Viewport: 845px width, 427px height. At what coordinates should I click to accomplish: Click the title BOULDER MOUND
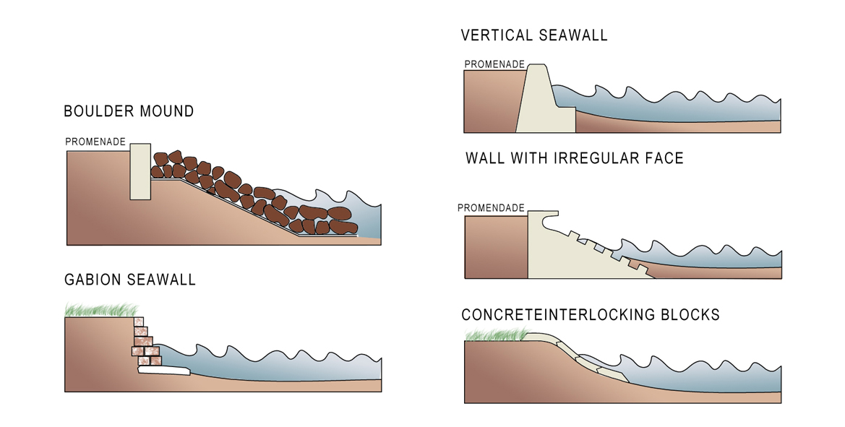pos(129,111)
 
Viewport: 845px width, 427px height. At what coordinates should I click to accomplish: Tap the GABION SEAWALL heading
pos(130,280)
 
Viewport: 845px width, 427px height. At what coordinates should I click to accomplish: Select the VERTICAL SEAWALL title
pos(534,35)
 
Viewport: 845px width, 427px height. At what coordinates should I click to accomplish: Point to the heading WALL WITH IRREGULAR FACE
pos(575,158)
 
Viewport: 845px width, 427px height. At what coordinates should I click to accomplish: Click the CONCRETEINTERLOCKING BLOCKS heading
pos(591,314)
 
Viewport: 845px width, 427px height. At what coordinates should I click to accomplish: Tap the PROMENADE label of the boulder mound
pos(95,142)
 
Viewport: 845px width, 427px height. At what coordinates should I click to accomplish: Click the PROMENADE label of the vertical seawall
pos(494,64)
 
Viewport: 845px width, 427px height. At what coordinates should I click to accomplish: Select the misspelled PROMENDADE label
pos(491,208)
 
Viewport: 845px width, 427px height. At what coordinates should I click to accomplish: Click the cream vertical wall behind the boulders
pos(140,172)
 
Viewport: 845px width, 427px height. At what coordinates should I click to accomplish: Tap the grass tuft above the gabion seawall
pos(100,310)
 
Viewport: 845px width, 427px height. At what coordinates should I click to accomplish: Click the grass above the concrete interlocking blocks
pos(496,335)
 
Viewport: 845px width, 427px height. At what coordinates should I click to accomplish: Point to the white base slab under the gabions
pos(164,370)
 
